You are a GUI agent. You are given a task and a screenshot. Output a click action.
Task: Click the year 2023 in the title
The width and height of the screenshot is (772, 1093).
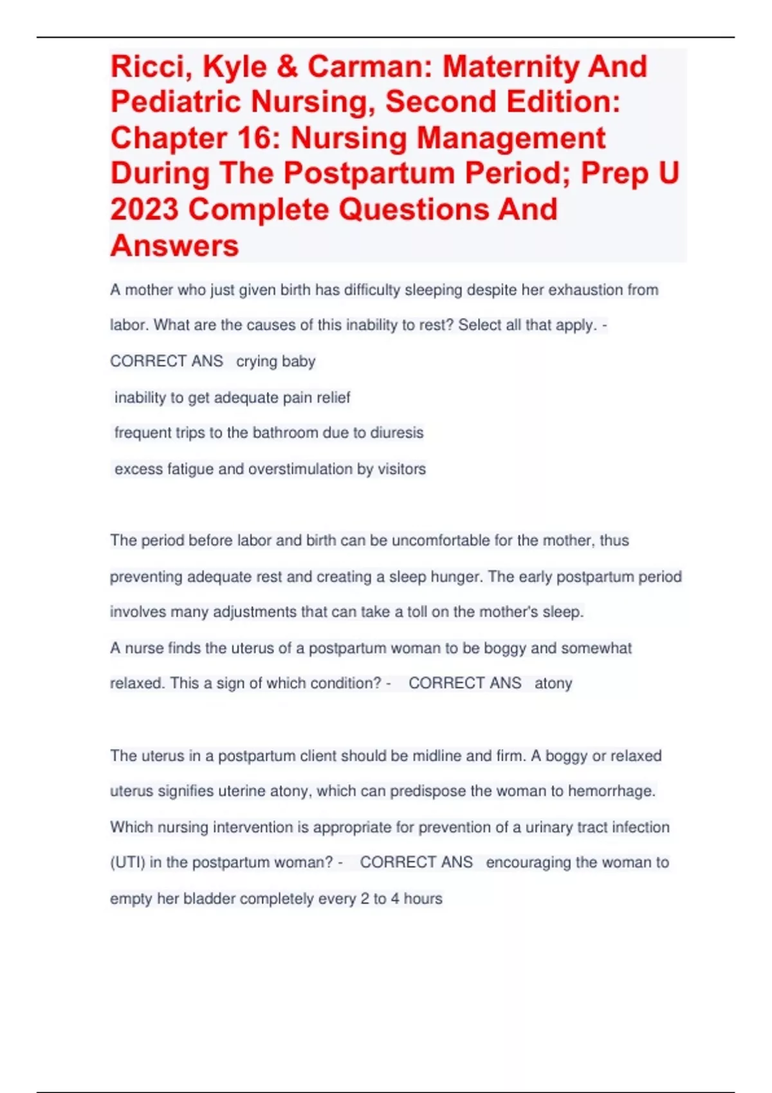pyautogui.click(x=143, y=210)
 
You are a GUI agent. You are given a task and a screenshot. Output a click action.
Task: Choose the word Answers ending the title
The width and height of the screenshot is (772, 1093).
pyautogui.click(x=174, y=246)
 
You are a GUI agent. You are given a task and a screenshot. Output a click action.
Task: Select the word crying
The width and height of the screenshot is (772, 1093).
pyautogui.click(x=256, y=361)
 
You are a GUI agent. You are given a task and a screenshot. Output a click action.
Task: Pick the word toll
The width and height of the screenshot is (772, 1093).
pyautogui.click(x=417, y=611)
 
